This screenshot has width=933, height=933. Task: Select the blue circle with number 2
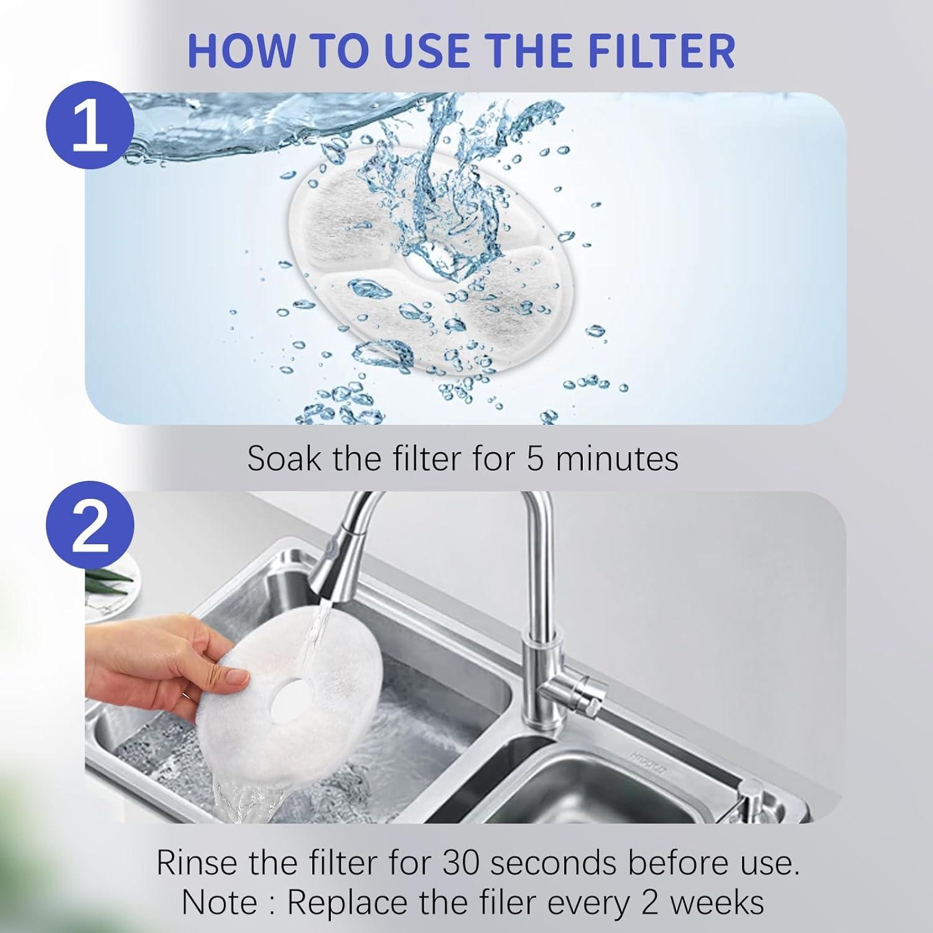[x=90, y=527]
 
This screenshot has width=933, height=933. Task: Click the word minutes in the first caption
[x=616, y=459]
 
